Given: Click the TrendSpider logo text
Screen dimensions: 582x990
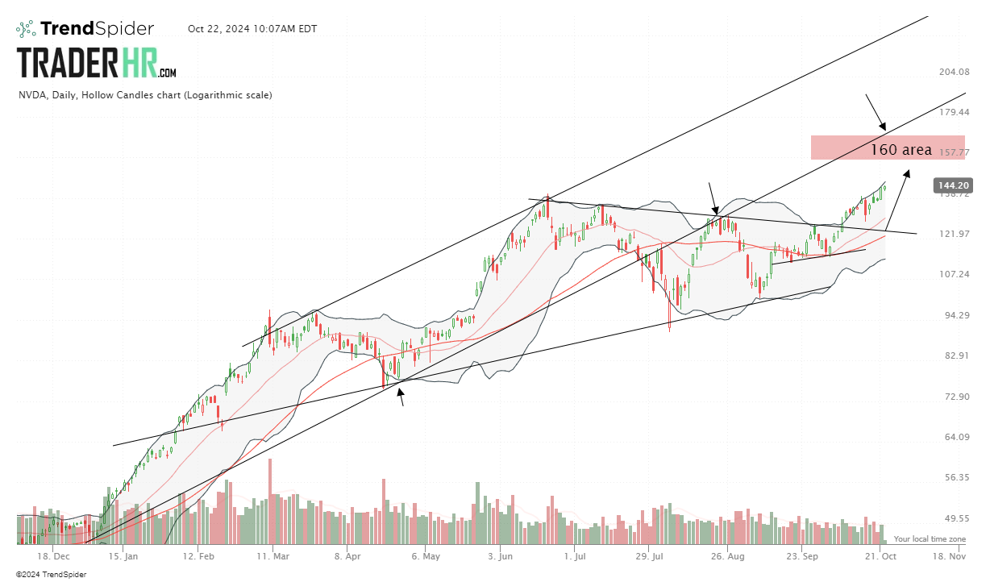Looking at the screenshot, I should coord(97,29).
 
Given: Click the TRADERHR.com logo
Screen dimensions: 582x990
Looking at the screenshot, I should coord(97,62).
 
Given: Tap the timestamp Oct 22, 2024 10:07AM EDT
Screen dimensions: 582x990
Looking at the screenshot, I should coord(252,29).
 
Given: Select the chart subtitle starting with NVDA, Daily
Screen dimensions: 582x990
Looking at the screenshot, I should coord(145,95).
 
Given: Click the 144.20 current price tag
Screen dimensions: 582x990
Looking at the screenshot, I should coord(952,186).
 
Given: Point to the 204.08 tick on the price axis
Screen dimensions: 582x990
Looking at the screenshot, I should coord(954,72).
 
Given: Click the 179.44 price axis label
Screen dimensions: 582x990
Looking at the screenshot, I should coord(954,112).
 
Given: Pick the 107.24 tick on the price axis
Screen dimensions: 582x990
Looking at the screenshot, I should coord(954,274).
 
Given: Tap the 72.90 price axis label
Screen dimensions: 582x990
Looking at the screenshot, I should coord(954,397).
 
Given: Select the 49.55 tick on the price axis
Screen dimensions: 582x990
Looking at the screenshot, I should coord(954,518).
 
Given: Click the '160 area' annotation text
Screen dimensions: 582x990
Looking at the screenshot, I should coord(901,150).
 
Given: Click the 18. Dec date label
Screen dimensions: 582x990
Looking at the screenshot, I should coord(53,556).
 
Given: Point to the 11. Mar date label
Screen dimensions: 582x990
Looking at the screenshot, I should coord(274,556).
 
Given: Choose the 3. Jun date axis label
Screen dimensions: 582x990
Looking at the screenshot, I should coord(501,556).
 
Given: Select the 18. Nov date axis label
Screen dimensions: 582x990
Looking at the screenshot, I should coord(950,556).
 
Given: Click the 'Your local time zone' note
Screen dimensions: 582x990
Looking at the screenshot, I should coord(930,538).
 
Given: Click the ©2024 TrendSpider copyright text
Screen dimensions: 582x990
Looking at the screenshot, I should coord(51,575).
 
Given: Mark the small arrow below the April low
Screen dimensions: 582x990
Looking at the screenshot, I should coord(400,397).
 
